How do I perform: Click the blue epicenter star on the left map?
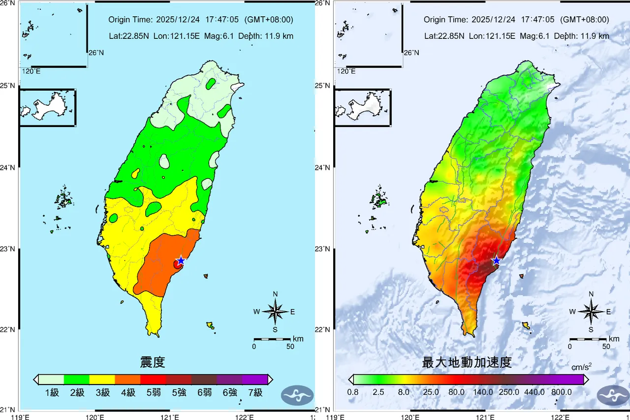coord(181,260)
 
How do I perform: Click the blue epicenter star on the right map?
coord(497,260)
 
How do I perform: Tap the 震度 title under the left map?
coord(153,363)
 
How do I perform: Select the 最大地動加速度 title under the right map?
coord(467,363)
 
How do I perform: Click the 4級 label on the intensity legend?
coord(128,392)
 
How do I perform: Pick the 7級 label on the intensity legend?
coord(255,392)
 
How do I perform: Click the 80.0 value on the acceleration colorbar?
coord(456,392)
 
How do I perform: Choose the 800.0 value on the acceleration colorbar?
coord(561,392)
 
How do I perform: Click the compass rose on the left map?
coord(275,311)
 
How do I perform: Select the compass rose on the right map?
coord(591,311)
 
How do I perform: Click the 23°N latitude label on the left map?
coord(9,249)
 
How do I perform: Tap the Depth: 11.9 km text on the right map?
coord(581,36)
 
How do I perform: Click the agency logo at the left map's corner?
coord(297,395)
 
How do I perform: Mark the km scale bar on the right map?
coord(588,339)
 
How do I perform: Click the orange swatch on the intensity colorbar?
coord(127,379)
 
